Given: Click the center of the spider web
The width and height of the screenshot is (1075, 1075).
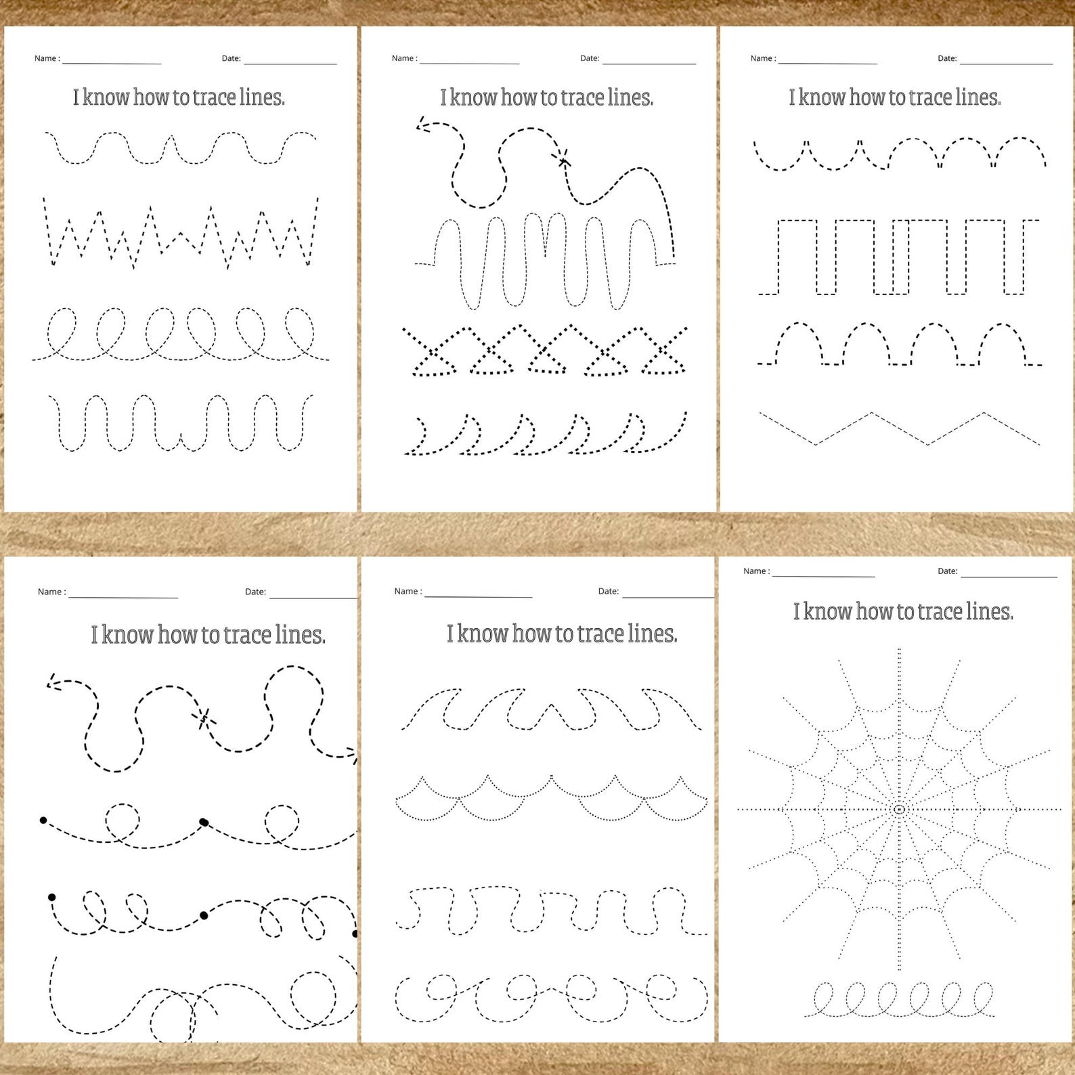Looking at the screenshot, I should [x=899, y=809].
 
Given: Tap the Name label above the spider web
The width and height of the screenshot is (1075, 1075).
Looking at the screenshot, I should [x=756, y=571].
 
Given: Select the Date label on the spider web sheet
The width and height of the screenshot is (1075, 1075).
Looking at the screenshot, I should [x=947, y=571].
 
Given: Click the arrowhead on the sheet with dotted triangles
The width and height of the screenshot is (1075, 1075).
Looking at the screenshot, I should [x=422, y=125].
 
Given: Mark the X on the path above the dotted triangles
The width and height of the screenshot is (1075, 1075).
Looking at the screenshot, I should [x=563, y=160].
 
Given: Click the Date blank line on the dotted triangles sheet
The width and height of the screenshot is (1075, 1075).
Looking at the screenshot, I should [x=649, y=64].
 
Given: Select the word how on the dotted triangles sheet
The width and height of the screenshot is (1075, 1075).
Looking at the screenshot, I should [x=519, y=98].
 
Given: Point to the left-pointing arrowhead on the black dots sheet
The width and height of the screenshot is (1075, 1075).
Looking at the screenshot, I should [x=52, y=684].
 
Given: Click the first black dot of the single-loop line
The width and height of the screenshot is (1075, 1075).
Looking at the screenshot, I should [x=43, y=820].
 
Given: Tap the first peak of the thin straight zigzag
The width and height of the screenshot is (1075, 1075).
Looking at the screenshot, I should [x=871, y=413].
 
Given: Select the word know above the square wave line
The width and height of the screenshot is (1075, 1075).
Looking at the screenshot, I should [x=821, y=98].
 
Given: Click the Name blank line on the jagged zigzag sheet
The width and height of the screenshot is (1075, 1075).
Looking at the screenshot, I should [x=112, y=64].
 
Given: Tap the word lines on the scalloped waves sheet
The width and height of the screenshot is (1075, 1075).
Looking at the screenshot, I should [x=652, y=634].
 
